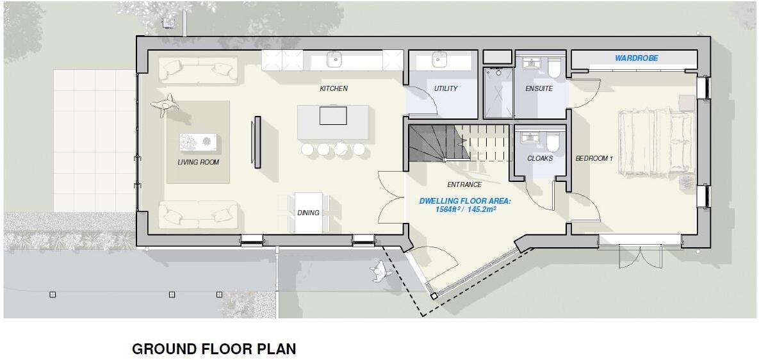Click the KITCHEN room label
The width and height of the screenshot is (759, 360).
pos(334,88)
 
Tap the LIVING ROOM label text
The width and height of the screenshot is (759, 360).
pos(198,162)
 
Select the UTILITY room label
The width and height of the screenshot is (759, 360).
pos(446,88)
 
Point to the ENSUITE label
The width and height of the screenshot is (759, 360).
pos(539,88)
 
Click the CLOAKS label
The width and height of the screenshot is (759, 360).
pos(540,158)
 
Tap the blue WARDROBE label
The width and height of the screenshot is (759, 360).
pos(636,58)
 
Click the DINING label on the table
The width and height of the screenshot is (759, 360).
pos(308,213)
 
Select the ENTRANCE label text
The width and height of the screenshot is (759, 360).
pos(464,184)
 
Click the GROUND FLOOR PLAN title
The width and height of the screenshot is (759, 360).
pos(214,349)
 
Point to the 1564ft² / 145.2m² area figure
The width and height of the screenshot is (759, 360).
pos(466,209)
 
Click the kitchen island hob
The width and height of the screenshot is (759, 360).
pos(333,116)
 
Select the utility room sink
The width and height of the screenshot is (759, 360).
pos(439,60)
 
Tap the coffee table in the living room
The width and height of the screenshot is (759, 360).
pos(198,142)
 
